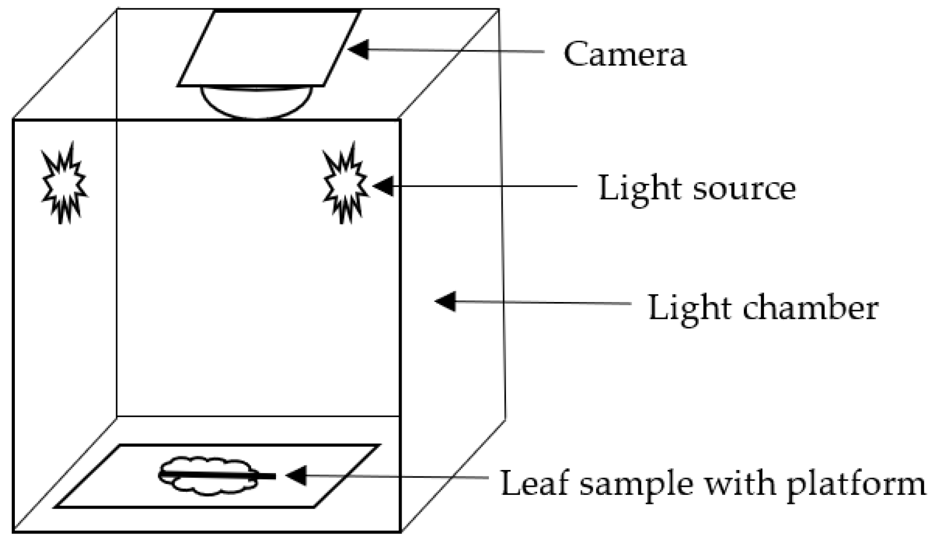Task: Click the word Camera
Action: click(625, 54)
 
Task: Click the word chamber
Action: click(811, 308)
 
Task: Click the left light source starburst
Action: click(64, 182)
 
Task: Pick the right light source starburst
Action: click(345, 182)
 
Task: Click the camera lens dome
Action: click(256, 102)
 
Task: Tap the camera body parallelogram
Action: click(269, 48)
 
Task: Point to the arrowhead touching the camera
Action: click(358, 49)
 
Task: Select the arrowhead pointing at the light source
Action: click(383, 186)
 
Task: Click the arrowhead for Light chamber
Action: click(445, 301)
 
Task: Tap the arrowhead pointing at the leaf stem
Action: click(296, 475)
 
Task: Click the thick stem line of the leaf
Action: click(223, 475)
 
